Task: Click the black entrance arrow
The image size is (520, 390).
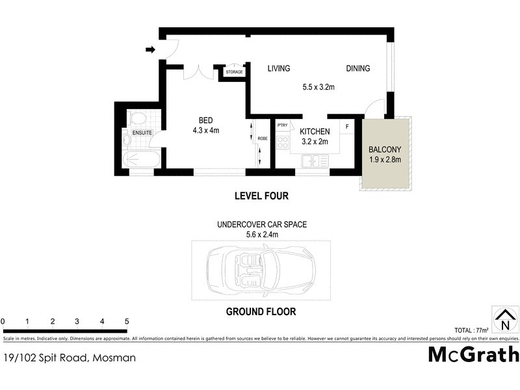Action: pos(149,49)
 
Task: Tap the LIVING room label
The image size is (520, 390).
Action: pos(278,68)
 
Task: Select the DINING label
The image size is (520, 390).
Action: pos(357,68)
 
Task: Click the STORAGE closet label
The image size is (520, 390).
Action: pos(235,73)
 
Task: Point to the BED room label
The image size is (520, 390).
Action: pos(205,120)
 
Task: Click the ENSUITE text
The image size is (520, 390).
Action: pos(142,133)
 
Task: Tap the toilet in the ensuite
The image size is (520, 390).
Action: pos(137,118)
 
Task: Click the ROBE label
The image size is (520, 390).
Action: pos(263,138)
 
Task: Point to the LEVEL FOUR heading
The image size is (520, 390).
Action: pos(261,196)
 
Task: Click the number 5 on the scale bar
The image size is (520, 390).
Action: pos(127,321)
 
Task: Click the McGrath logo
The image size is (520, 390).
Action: pos(473,355)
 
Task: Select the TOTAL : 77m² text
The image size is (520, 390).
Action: pos(472,330)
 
